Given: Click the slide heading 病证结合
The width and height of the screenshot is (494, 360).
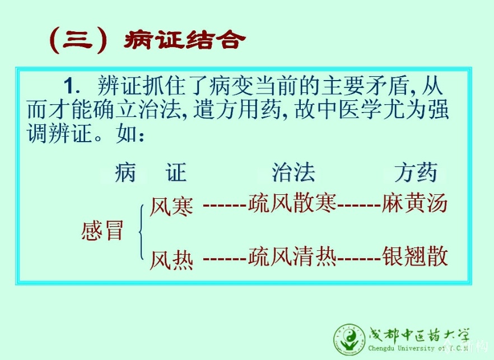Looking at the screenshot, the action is point(185,40).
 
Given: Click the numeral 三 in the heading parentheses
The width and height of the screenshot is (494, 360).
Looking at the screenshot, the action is point(77,40).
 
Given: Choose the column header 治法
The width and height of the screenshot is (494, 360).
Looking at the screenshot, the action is point(293,172).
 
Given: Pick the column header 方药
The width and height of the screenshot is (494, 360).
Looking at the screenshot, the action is point(416,172).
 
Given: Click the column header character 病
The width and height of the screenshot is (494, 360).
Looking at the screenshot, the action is point(125,172).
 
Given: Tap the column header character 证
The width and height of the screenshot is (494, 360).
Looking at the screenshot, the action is point(176,172).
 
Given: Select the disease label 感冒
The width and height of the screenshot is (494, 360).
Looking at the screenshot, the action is point(102,231).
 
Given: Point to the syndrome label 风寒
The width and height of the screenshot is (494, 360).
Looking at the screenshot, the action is point(171,206).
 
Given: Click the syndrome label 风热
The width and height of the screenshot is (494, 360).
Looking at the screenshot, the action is point(171,260).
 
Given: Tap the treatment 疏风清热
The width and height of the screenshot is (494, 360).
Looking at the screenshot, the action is point(292,256).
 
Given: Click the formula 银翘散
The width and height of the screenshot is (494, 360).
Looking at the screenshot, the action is point(414,256).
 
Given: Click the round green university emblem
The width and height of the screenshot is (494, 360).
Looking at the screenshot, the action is point(349,340).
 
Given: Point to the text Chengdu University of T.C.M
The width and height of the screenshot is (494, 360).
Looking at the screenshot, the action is point(418,348).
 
